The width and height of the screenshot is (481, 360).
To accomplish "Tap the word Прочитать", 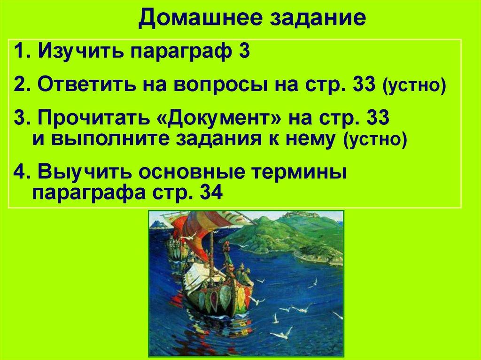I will click(x=94, y=119).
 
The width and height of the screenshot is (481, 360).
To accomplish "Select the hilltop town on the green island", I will click(x=301, y=216).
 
